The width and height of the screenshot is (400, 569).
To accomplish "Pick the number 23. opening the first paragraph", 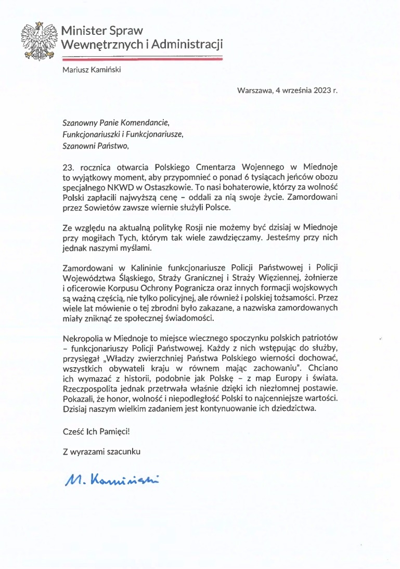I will point(69,167).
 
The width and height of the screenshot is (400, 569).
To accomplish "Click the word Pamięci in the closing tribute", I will point(110,431).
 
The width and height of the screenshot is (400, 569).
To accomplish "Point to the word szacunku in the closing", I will point(123,451).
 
